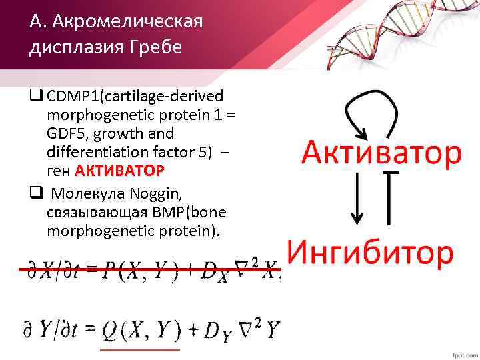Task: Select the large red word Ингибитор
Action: tap(371, 253)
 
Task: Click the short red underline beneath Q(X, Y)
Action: tap(139, 349)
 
